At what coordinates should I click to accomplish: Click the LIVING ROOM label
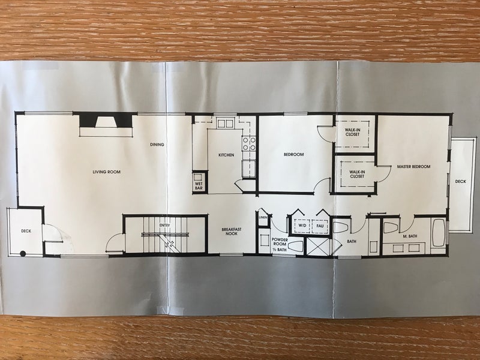[107, 172]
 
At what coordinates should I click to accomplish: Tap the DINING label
[157, 145]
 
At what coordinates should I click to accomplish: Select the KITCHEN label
[226, 155]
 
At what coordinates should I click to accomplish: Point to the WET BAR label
[199, 186]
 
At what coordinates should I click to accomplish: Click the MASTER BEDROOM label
[413, 167]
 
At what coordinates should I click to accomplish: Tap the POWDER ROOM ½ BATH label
[280, 244]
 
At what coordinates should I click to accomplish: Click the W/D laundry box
[301, 226]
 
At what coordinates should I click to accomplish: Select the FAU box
[320, 226]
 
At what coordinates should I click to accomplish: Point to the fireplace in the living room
[106, 120]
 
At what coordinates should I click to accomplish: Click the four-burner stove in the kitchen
[249, 144]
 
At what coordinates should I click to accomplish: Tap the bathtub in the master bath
[439, 232]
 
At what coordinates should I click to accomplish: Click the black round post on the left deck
[23, 253]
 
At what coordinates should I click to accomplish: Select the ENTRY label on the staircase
[164, 226]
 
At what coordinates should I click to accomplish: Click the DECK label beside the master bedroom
[460, 182]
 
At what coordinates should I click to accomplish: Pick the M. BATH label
[410, 236]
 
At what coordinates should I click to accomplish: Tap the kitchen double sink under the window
[226, 124]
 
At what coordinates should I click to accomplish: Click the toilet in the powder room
[295, 247]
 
